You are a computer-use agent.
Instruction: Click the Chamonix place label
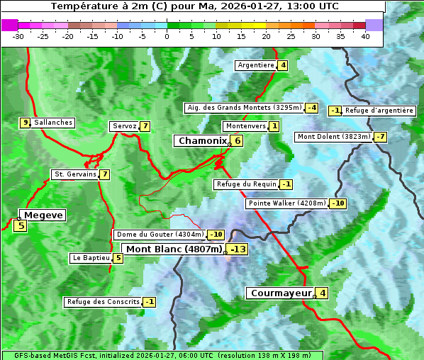(202, 141)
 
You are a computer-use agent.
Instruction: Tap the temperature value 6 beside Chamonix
(238, 141)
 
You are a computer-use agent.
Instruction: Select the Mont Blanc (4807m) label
(174, 249)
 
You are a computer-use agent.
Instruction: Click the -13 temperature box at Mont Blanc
(238, 249)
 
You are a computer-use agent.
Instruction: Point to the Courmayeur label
(281, 293)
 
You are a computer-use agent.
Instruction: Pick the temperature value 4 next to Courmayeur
(323, 293)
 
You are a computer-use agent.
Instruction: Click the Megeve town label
(43, 215)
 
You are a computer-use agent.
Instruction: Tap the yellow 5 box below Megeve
(20, 226)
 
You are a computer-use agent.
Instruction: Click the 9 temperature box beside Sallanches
(25, 123)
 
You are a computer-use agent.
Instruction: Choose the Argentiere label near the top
(256, 65)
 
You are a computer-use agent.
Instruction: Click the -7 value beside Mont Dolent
(380, 137)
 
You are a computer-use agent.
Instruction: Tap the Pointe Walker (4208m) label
(286, 203)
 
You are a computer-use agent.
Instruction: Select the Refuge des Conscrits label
(103, 302)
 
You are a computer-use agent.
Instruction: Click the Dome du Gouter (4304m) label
(160, 235)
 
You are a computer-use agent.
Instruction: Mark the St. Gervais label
(75, 174)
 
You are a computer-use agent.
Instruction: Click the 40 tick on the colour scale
(365, 35)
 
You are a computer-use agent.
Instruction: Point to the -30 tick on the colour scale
(18, 35)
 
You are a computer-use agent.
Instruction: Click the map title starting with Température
(195, 6)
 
